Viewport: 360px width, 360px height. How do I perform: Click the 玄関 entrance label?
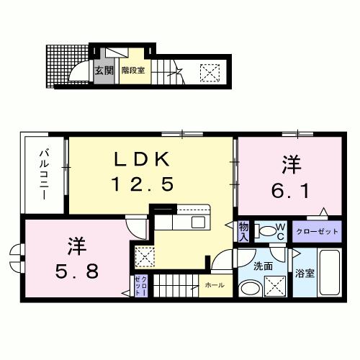104,71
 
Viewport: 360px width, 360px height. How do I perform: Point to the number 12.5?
142,185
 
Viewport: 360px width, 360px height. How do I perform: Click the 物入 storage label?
244,232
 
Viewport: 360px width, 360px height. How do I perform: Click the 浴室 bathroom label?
305,274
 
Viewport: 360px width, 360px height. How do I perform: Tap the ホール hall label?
214,285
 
